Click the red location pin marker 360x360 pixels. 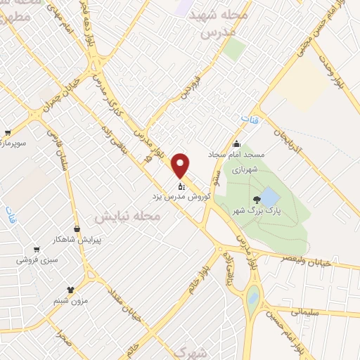coord(181,165)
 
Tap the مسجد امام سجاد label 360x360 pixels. coord(234,154)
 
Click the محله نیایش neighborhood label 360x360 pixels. coord(134,219)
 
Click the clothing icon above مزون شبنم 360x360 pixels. coord(70,289)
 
